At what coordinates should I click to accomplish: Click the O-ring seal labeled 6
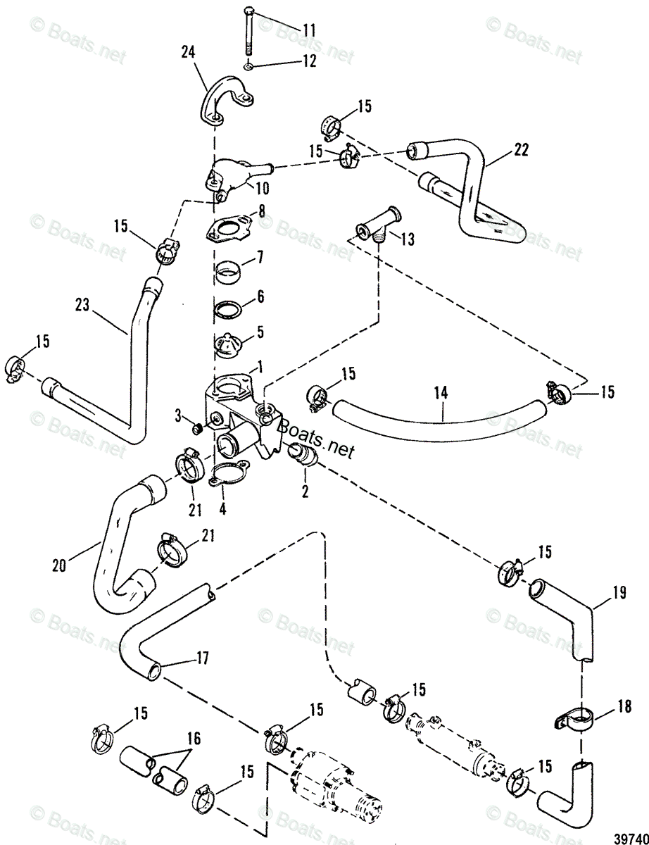[x=230, y=309]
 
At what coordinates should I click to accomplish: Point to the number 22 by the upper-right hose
[x=521, y=149]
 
